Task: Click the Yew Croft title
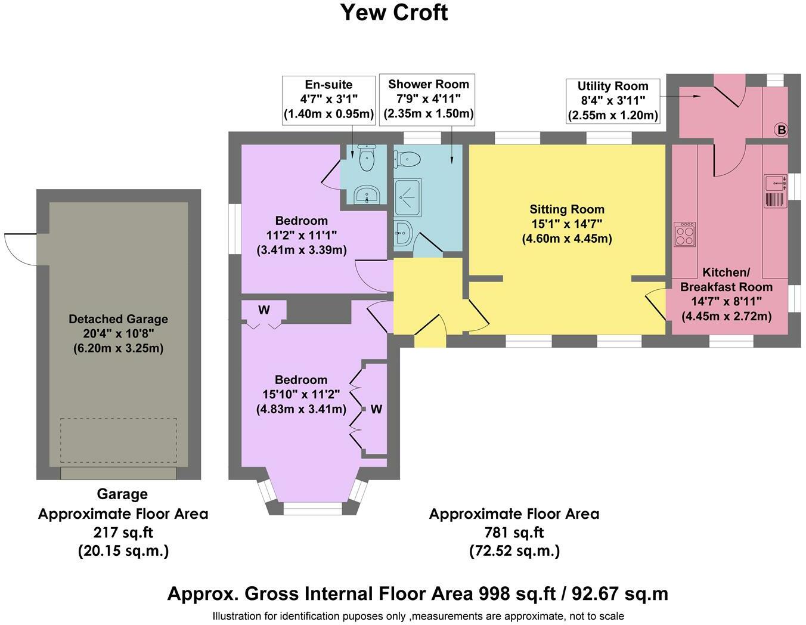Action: (394, 13)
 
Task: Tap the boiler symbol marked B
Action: (782, 130)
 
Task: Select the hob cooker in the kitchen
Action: (685, 234)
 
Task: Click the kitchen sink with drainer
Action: (775, 191)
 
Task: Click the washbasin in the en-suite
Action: (367, 194)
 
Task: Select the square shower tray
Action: (408, 197)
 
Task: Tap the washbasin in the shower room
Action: (403, 233)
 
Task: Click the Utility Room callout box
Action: (613, 101)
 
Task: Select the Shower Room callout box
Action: (427, 100)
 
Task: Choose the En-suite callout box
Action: (328, 100)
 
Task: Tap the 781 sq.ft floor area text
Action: (514, 533)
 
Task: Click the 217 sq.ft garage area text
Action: (123, 533)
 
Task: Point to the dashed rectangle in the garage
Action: (119, 440)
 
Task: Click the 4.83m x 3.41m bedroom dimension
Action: (301, 409)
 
